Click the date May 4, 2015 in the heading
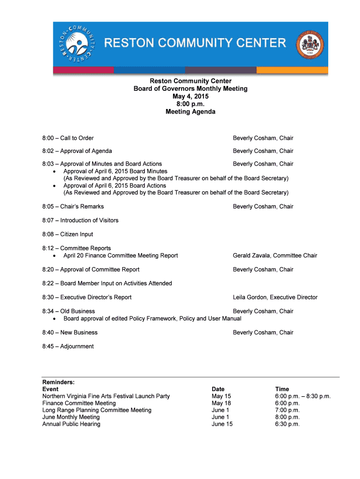point(190,96)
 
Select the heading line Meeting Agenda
point(190,112)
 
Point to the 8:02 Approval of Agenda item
point(77,151)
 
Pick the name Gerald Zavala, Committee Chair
point(275,255)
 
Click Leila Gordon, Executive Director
point(275,298)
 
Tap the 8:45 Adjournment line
point(68,347)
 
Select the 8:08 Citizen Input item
point(67,234)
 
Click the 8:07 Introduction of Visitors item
point(80,220)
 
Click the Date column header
point(218,389)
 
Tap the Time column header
point(282,389)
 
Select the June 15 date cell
point(222,424)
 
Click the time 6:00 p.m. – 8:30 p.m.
point(302,396)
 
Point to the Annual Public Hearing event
point(71,424)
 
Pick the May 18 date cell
point(221,403)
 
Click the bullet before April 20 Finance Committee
point(55,256)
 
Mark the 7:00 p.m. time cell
point(287,410)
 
